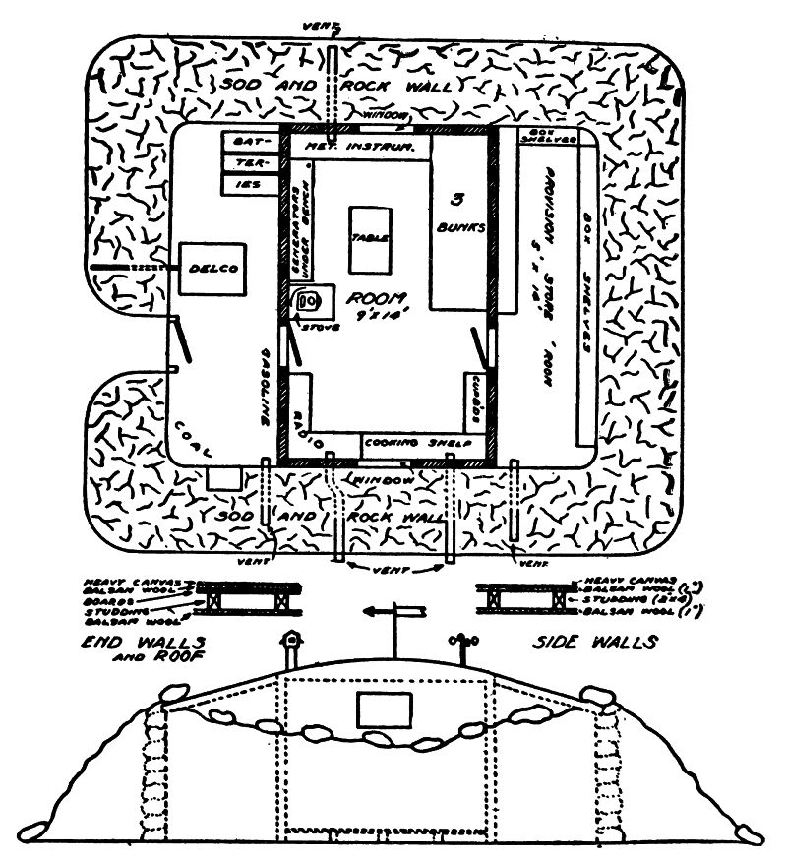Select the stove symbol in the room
[x=307, y=300]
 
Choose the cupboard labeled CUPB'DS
[x=474, y=400]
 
